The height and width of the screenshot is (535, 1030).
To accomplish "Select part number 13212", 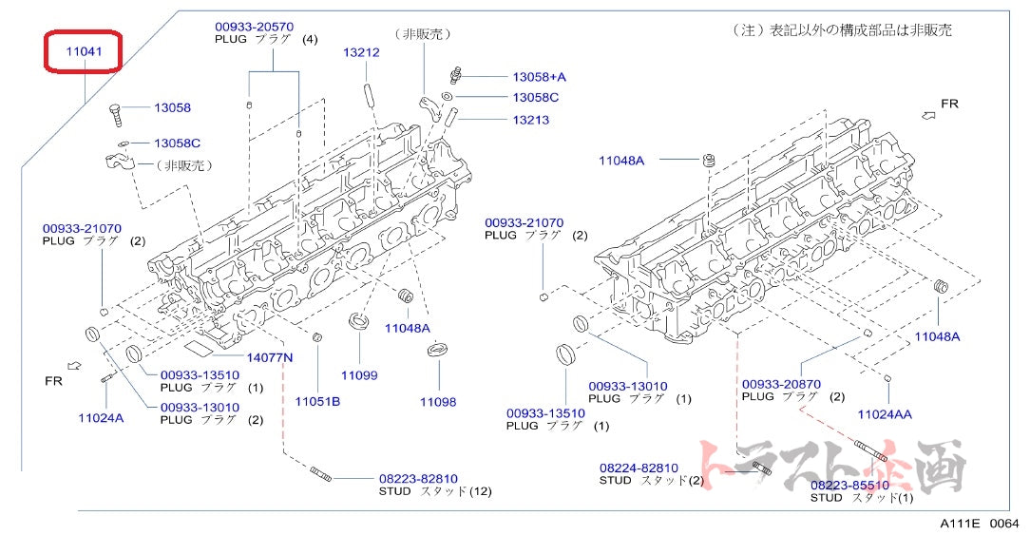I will coord(361,53).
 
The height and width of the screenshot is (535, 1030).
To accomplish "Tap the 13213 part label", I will coord(530,120).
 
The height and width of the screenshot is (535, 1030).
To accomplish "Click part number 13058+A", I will coord(539,77).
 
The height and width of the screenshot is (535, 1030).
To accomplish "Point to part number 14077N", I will coord(270,357).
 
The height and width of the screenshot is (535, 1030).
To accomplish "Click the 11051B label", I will coord(316,401).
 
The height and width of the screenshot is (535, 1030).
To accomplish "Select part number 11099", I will coord(358,375).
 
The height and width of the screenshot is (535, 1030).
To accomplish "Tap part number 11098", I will coord(437,402).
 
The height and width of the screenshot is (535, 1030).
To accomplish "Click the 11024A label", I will coord(101,417).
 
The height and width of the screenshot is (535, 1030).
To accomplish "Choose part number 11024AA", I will coord(884,414).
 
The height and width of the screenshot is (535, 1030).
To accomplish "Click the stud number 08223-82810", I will coord(418,478).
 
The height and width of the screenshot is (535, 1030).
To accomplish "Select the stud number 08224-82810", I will coord(639,468).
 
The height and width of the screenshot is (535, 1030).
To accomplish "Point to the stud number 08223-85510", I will coord(849,484).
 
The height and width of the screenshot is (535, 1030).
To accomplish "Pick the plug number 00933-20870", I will coord(781,384).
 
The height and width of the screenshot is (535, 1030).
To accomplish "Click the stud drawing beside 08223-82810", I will coord(320,472).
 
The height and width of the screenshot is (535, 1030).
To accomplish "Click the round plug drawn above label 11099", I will coord(360,321).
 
